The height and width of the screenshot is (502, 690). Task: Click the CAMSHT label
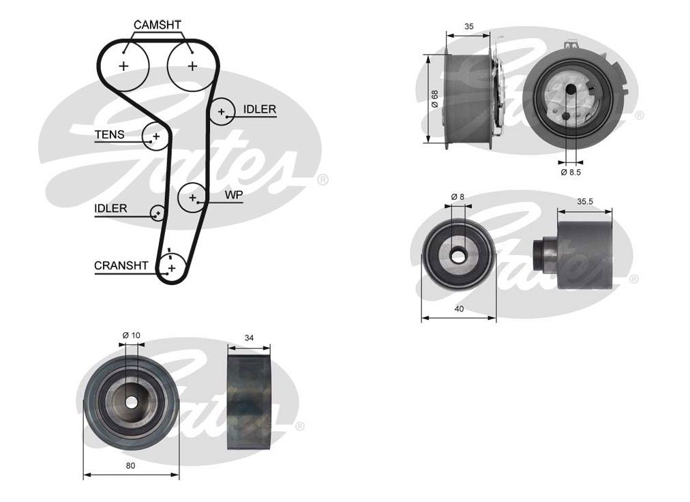click(157, 25)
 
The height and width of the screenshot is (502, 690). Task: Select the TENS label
click(109, 135)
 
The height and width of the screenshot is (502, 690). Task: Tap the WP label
click(234, 195)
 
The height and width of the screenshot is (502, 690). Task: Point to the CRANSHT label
click(121, 266)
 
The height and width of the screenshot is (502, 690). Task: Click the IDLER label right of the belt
click(259, 109)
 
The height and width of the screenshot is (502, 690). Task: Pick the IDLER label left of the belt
click(110, 208)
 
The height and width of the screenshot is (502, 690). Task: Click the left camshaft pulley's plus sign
click(123, 66)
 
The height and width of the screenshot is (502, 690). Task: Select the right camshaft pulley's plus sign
click(192, 66)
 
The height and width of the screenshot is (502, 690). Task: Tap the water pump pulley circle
click(192, 197)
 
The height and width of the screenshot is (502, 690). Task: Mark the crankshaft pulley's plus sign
click(171, 268)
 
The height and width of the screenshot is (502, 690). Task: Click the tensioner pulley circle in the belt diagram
click(155, 136)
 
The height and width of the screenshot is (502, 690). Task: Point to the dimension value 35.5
click(584, 202)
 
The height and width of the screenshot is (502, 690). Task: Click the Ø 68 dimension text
click(434, 100)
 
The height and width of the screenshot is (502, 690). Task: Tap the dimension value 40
click(458, 309)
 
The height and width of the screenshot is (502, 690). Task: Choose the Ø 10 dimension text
click(131, 335)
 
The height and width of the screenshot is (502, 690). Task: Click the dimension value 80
click(131, 466)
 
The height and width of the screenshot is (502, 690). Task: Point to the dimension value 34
click(249, 338)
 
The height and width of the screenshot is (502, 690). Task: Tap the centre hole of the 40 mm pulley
click(458, 255)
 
